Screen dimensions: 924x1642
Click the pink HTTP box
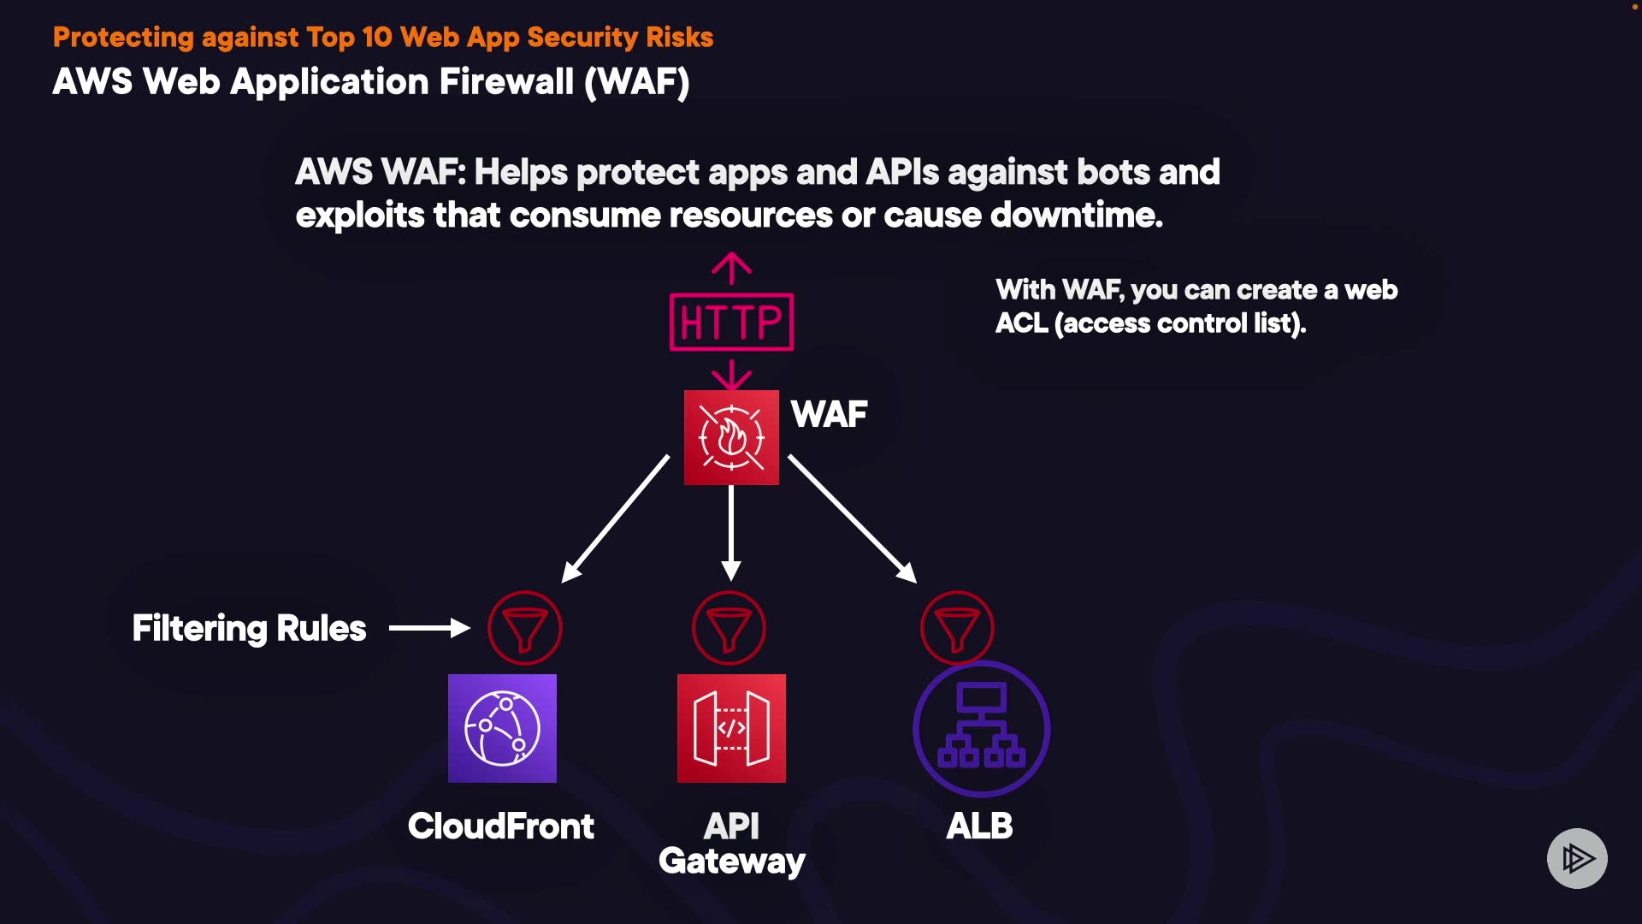[x=731, y=322]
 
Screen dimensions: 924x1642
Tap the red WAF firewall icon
[x=731, y=437]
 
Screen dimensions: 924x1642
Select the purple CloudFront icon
[x=502, y=728]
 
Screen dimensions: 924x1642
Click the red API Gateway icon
[x=731, y=728]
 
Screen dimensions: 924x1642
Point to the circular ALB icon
[x=981, y=728]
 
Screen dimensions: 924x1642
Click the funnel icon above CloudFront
[x=524, y=628]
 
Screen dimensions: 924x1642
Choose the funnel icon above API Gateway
[x=729, y=628]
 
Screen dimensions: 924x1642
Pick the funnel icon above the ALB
[x=957, y=628]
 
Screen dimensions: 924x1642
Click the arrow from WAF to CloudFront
[x=616, y=518]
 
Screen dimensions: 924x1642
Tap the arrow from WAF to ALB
[x=852, y=518]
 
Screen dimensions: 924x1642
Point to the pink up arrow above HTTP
[x=731, y=268]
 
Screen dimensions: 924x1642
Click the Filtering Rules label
[x=249, y=628]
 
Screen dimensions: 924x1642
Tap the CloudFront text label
[x=501, y=826]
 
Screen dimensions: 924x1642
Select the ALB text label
[x=979, y=826]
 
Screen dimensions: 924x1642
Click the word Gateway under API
[x=731, y=861]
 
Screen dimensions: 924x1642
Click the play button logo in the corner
[x=1577, y=858]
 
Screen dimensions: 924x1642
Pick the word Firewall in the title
[x=506, y=82]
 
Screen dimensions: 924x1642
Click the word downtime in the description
[x=1076, y=215]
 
